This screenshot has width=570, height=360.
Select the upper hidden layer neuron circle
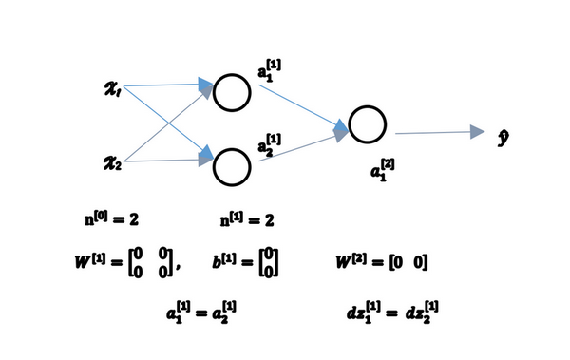[x=231, y=91]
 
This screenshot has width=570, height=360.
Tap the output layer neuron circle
[x=366, y=124]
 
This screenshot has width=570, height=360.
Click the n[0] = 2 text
[x=112, y=219]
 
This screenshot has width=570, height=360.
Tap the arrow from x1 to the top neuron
[x=166, y=85]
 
